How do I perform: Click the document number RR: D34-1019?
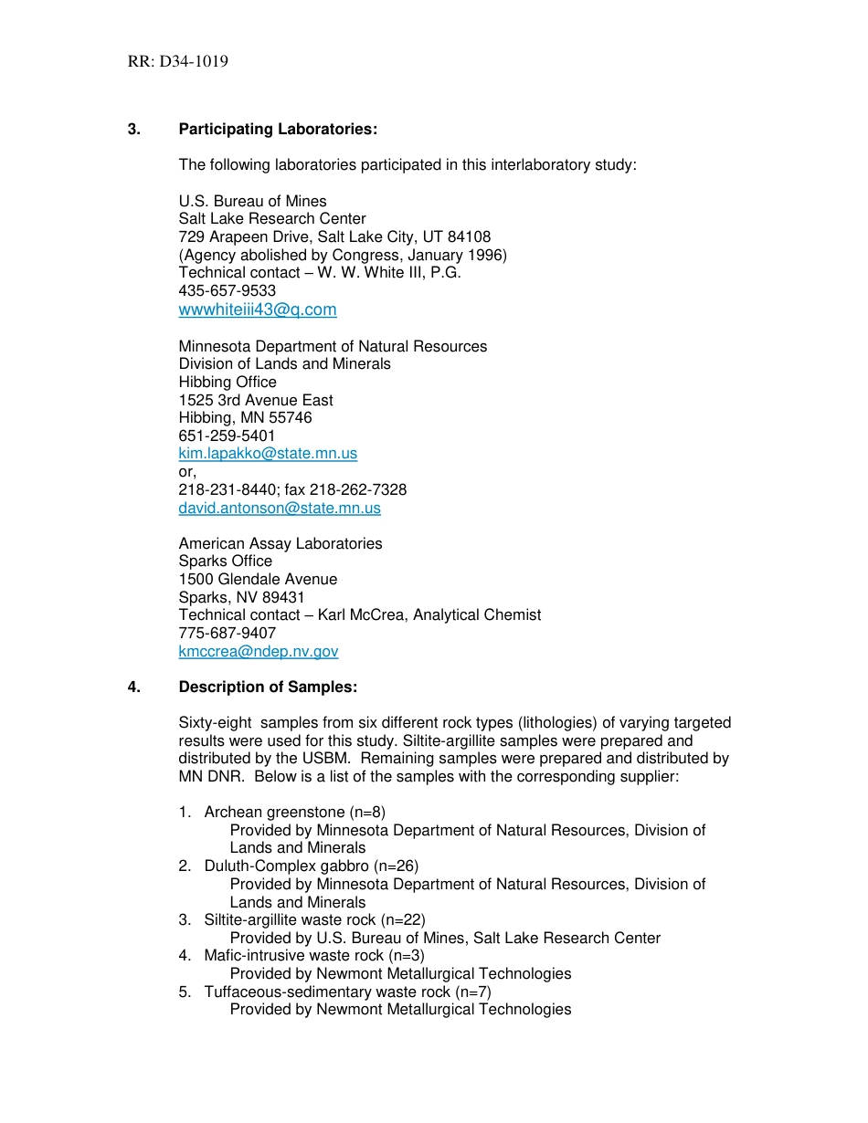pos(177,62)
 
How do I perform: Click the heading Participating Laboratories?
pos(278,130)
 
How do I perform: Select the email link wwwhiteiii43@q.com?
pos(258,310)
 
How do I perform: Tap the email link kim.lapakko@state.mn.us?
pos(268,454)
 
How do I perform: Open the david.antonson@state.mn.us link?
pos(280,508)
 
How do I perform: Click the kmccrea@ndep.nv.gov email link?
pos(259,652)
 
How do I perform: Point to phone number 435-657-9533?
pos(227,291)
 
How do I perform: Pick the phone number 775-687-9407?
pos(227,634)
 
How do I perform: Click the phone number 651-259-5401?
pos(227,436)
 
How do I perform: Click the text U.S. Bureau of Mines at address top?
pos(252,202)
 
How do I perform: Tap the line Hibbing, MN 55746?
pos(245,418)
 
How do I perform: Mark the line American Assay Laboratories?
pos(281,544)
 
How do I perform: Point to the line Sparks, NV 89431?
pos(241,597)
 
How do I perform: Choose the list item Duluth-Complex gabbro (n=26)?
pos(311,866)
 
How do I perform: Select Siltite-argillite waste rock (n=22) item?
pos(314,920)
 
